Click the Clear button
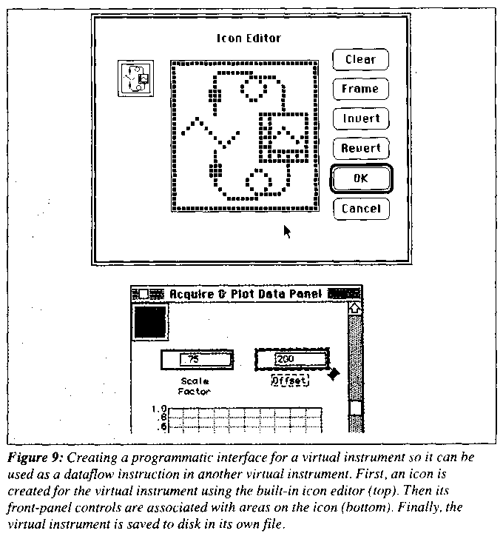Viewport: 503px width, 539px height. [x=360, y=59]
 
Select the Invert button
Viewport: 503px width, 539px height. [x=360, y=118]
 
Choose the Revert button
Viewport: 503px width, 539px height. [x=360, y=148]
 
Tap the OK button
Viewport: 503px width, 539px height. [x=360, y=178]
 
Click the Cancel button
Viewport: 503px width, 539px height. [x=360, y=209]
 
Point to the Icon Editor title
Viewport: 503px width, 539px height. [x=249, y=38]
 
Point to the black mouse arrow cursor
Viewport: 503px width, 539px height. [x=287, y=231]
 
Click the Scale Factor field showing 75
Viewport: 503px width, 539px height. [x=197, y=360]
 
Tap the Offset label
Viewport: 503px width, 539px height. [x=289, y=380]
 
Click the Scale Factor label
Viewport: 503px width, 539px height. [x=195, y=386]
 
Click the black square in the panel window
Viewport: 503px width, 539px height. [x=150, y=321]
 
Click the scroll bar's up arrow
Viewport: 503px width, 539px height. [x=354, y=307]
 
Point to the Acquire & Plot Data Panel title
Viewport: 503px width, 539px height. [x=246, y=294]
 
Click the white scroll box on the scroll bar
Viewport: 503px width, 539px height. [x=355, y=407]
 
